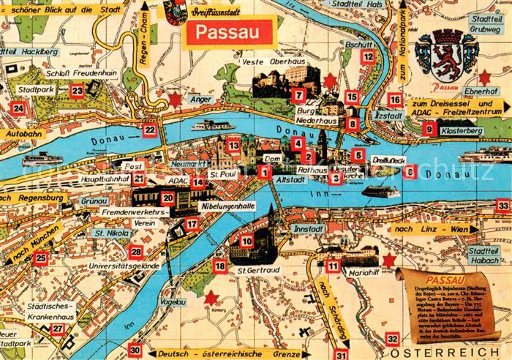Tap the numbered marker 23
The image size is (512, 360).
78,91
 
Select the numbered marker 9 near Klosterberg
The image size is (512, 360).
429,129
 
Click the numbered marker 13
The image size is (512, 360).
233,146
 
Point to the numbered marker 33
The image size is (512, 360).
502,206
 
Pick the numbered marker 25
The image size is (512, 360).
41,258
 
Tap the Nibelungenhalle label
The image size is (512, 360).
227,207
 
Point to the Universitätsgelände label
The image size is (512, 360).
124,266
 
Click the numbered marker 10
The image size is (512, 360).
246,241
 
